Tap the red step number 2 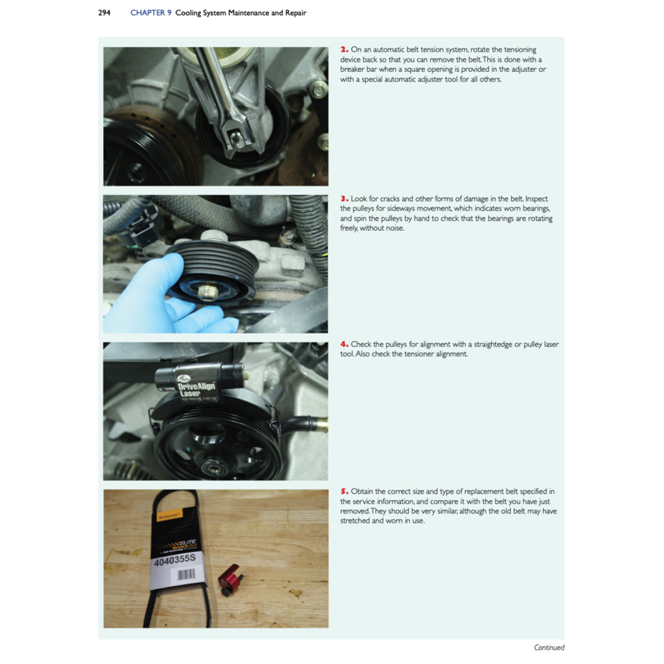click(x=344, y=49)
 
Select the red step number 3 click(x=344, y=198)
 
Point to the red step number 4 click(x=344, y=344)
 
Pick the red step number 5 click(x=344, y=492)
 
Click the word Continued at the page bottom click(x=549, y=647)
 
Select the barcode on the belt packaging click(x=186, y=575)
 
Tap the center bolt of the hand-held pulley click(x=209, y=292)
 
